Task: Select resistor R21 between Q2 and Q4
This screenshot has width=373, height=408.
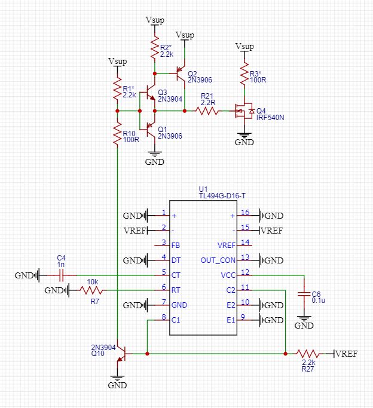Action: (x=207, y=111)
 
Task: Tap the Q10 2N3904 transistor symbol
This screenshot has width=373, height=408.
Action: (x=123, y=353)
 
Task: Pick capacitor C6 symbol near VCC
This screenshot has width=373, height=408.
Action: (x=304, y=293)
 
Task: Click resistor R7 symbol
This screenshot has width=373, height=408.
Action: (x=92, y=290)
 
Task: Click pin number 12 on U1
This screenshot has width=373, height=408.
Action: (x=244, y=272)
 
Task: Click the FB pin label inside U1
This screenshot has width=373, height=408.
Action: (x=175, y=246)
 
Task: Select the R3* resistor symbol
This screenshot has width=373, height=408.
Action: (x=244, y=73)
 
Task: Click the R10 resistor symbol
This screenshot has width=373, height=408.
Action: (x=117, y=135)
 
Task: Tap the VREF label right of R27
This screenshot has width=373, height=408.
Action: (x=347, y=354)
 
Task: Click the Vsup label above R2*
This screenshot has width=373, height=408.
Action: (x=154, y=20)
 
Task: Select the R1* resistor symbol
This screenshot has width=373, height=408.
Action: (x=117, y=91)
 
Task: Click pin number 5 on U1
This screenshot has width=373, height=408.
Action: (x=163, y=272)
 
